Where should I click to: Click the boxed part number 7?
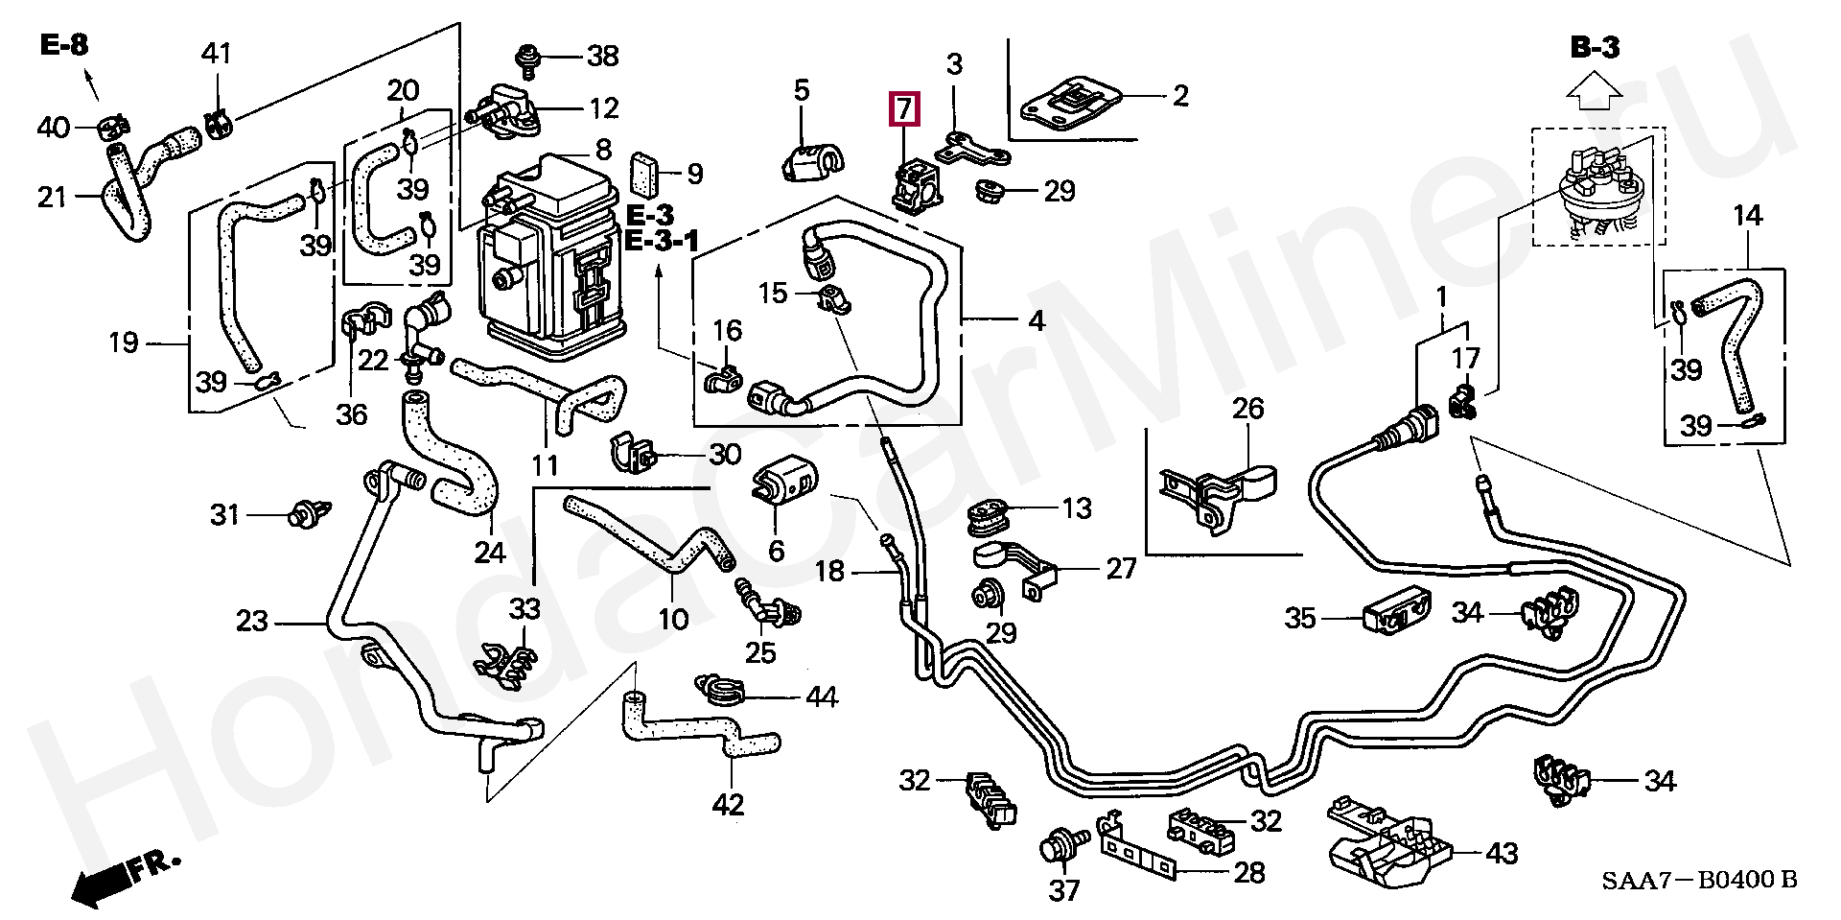pos(904,110)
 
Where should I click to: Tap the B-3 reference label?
pos(1595,47)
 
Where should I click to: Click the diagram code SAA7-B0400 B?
pos(1698,880)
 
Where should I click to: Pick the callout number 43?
pos(1502,852)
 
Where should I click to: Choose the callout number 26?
pos(1247,410)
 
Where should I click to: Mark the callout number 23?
pos(252,622)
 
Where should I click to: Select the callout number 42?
pos(729,804)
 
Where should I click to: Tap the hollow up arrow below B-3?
pos(1594,92)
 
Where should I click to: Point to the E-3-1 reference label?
pos(663,241)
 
